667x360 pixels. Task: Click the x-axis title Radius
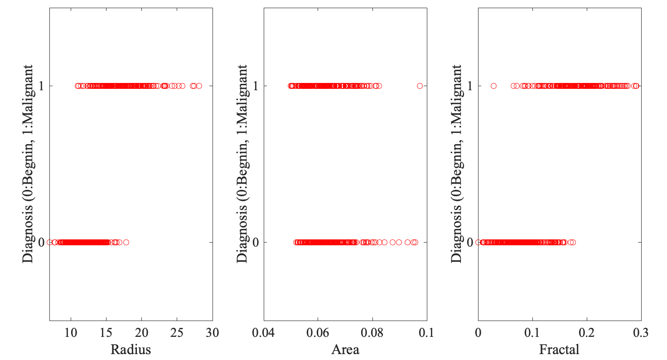[130, 350]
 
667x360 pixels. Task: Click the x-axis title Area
[345, 350]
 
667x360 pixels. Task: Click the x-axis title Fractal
[559, 350]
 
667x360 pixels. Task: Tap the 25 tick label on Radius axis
[177, 333]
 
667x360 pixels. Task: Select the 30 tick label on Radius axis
[213, 333]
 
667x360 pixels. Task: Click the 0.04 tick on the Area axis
[264, 333]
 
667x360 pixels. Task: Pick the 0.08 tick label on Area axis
[372, 333]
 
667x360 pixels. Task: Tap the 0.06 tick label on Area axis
[318, 333]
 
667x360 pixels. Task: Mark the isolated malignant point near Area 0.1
[420, 86]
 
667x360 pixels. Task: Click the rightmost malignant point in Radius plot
[199, 86]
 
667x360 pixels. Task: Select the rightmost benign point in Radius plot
[126, 242]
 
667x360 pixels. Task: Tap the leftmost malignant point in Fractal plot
[493, 86]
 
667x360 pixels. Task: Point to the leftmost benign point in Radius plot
[49, 242]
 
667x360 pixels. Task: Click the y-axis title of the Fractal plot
[457, 163]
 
